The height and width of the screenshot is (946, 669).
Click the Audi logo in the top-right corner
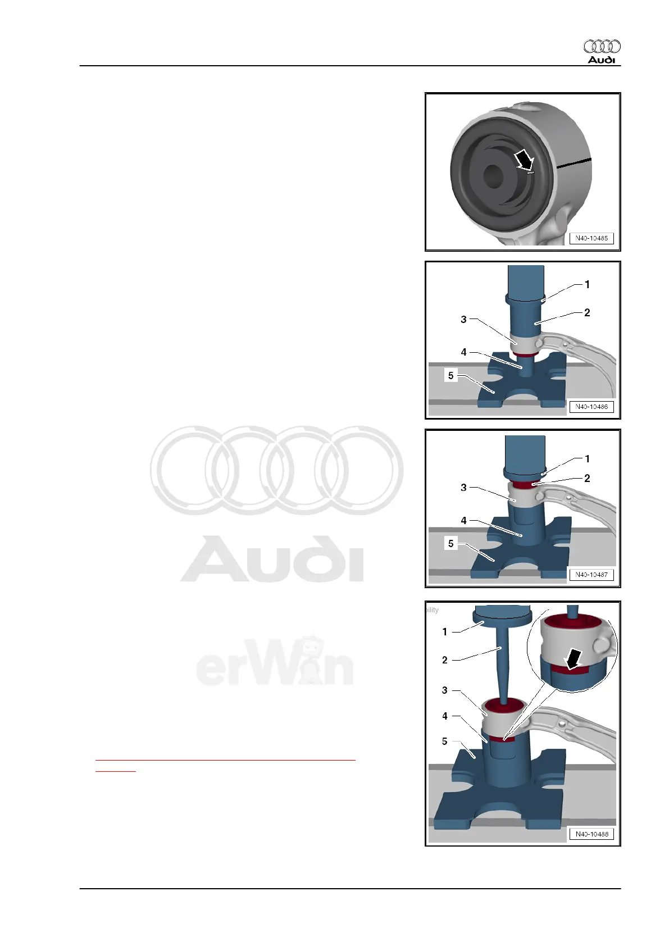coord(602,51)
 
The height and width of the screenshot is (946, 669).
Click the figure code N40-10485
coord(591,238)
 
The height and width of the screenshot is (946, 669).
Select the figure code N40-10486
coord(591,407)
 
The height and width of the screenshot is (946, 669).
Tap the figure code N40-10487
coord(591,575)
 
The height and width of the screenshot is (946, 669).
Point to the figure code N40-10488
coord(591,834)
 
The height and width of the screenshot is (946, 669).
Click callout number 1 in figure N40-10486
coord(587,285)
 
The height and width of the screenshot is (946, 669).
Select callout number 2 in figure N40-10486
coord(587,313)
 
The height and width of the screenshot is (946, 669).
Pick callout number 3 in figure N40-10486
coord(463,320)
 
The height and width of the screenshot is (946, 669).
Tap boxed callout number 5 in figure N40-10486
coord(450,375)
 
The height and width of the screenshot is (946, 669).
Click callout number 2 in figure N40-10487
coord(587,479)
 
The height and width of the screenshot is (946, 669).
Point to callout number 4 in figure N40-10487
coord(463,521)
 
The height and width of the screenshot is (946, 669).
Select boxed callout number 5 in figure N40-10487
coord(450,543)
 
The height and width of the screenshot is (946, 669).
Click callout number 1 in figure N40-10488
coord(445,632)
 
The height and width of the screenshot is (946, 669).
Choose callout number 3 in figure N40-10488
coord(445,690)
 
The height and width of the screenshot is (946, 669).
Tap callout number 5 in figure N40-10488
coord(445,742)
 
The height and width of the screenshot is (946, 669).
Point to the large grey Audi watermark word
coord(272,559)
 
